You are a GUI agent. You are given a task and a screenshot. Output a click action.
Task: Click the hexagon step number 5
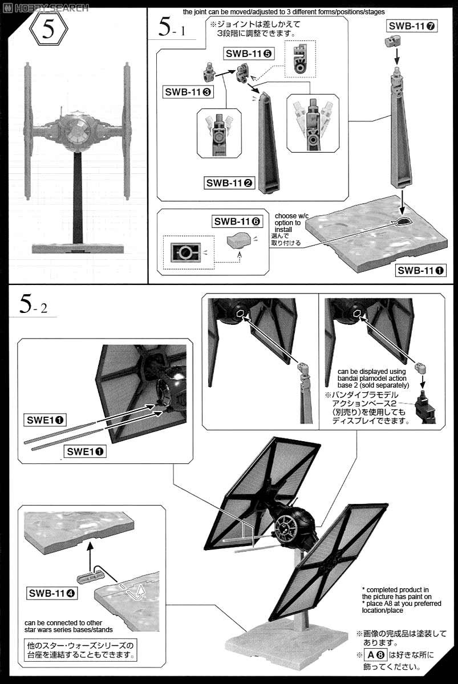click(48, 29)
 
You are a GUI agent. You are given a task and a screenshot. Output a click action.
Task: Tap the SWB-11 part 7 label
click(412, 26)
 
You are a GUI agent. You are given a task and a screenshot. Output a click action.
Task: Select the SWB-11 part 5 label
click(249, 54)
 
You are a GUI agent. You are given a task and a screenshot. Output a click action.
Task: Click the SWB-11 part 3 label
click(188, 92)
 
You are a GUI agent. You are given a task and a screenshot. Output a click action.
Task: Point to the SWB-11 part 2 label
click(229, 183)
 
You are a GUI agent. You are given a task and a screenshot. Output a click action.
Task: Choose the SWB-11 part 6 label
click(237, 221)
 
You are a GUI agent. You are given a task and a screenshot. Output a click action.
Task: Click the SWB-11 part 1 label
click(421, 270)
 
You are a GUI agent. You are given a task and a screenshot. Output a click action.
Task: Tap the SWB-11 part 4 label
click(52, 593)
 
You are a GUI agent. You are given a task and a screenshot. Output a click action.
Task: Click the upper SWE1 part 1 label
click(45, 420)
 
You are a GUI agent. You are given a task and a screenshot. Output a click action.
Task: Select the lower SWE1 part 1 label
click(85, 451)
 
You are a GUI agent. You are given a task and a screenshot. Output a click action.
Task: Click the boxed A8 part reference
click(375, 655)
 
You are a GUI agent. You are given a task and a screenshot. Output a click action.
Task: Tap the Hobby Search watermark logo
click(45, 7)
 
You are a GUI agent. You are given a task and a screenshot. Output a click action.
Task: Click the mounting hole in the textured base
click(403, 221)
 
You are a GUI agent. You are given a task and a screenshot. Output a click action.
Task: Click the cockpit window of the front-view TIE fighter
click(75, 132)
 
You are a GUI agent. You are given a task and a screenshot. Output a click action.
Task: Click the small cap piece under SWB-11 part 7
click(393, 42)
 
